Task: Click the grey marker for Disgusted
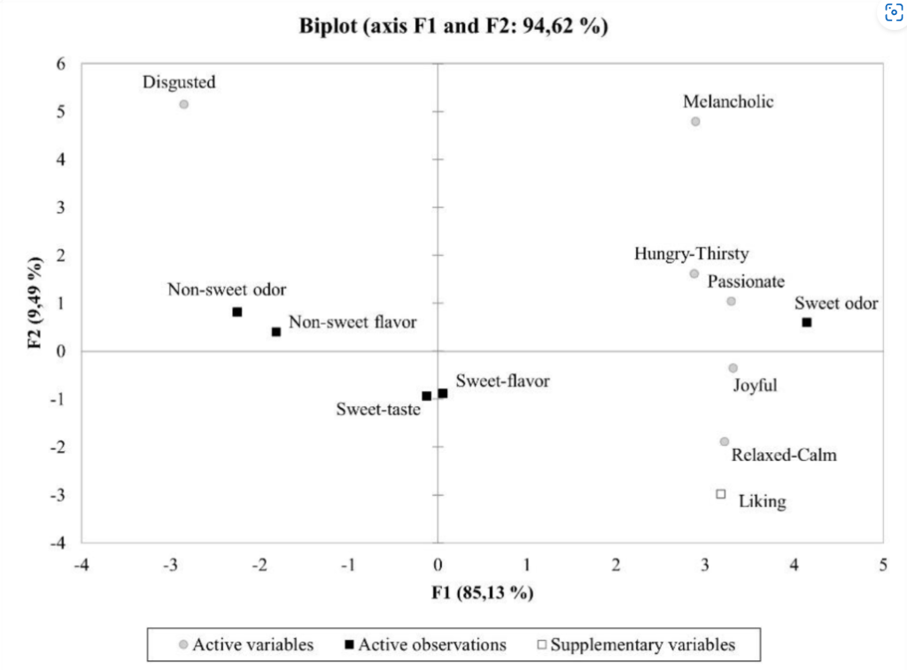183,104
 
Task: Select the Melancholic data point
695,122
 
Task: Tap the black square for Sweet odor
807,322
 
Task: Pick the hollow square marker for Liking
721,494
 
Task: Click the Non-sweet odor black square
237,312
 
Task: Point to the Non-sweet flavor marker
276,332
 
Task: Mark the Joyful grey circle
733,368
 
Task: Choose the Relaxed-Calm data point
725,442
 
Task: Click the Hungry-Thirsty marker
694,274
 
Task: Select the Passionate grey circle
731,302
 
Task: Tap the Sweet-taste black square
427,397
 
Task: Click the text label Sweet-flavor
502,381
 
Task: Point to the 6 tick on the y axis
61,64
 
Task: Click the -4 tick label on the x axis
80,565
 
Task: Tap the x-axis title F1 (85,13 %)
483,592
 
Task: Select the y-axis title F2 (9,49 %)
35,303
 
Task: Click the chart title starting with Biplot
453,27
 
